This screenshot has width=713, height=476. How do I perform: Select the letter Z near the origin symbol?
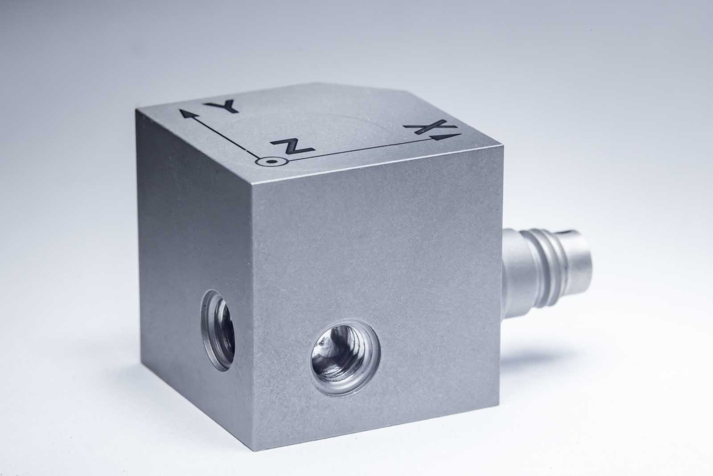(x=292, y=147)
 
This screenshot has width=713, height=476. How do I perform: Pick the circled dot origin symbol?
(x=271, y=161)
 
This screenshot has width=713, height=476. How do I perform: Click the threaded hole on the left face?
(x=218, y=331)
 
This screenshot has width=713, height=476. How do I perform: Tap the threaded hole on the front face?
(x=345, y=358)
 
